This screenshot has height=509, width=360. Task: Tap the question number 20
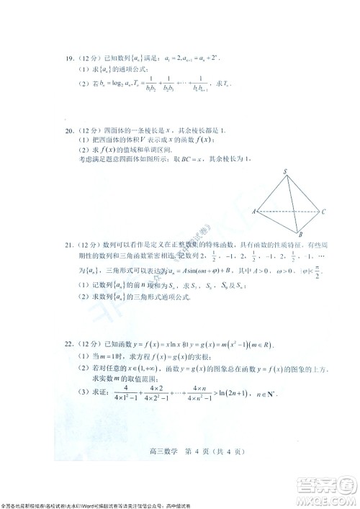point(70,130)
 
